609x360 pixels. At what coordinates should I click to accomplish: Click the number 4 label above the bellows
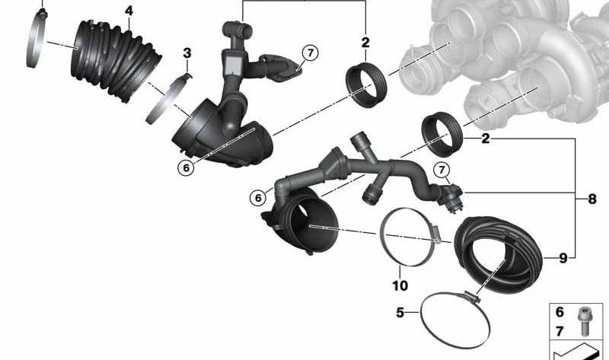[x=129, y=11]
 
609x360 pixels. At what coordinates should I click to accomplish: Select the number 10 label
[x=400, y=285]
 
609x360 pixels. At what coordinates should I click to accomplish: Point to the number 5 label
[x=399, y=312]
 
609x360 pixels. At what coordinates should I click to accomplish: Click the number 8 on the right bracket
[x=592, y=199]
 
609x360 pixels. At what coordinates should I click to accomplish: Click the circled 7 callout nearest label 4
[x=309, y=53]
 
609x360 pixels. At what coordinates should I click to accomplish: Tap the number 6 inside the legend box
[x=560, y=313]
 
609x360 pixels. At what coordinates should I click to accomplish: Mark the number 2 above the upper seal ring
[x=365, y=43]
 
